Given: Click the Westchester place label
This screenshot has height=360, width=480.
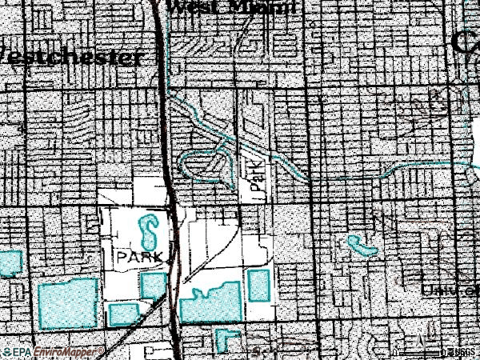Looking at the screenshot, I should coord(72,57).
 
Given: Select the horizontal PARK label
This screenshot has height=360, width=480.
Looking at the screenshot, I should coord(141,256).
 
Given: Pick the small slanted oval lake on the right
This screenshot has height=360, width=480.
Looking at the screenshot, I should coord(362,246).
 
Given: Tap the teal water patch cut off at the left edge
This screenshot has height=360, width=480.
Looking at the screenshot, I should coord(10,263).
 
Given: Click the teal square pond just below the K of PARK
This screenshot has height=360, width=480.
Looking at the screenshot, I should coord(153,285).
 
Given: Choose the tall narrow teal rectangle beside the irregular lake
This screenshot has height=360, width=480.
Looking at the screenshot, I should coord(258,285).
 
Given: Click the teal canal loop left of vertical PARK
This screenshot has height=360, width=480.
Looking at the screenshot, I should coord(200,164).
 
